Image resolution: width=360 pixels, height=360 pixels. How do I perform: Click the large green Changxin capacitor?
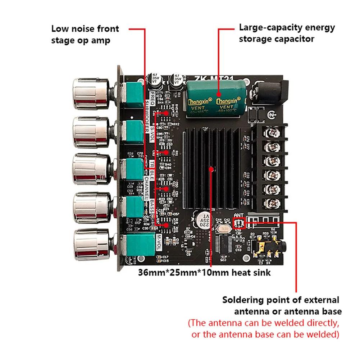[215, 97]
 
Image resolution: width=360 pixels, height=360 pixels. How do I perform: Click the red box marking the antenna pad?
[239, 224]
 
